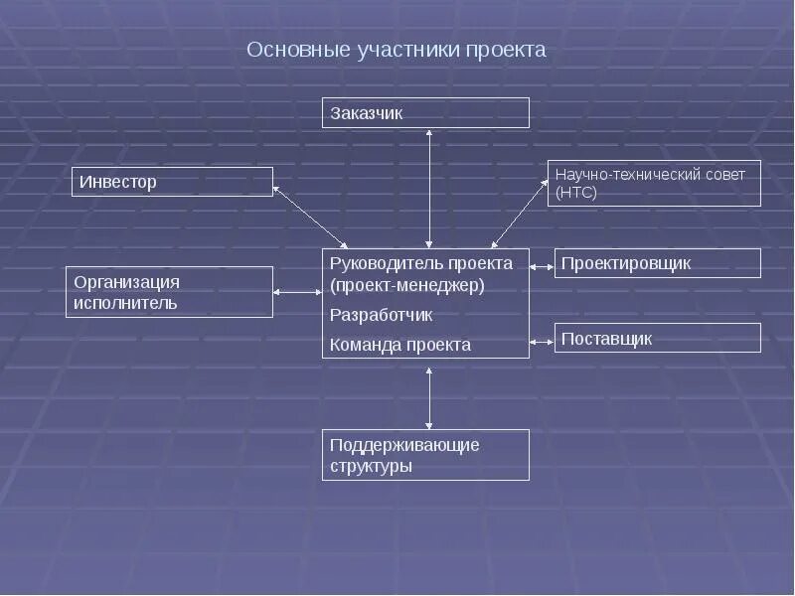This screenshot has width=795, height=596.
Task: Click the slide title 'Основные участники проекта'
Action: point(397,50)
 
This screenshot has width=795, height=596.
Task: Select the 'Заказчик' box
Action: point(425,113)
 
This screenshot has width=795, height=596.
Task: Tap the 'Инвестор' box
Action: point(173,182)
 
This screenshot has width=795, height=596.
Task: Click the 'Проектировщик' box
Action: point(657,263)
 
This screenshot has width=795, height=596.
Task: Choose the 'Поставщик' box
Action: point(657,338)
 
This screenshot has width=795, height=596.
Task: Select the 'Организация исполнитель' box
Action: point(169,292)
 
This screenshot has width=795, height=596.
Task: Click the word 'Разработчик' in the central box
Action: point(381,314)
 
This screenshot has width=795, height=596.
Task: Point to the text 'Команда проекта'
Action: point(387,345)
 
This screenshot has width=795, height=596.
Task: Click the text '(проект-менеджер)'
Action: point(406,286)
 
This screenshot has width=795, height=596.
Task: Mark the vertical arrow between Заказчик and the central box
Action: point(429,188)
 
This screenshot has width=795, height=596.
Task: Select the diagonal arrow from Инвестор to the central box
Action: point(310,218)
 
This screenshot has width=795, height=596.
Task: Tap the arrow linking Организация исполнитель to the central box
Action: point(297,292)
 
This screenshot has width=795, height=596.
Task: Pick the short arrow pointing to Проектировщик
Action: point(542,265)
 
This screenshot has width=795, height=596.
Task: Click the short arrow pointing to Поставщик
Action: point(542,341)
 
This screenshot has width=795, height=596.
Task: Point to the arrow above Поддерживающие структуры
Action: point(429,397)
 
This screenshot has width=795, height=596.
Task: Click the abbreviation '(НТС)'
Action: point(577,193)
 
